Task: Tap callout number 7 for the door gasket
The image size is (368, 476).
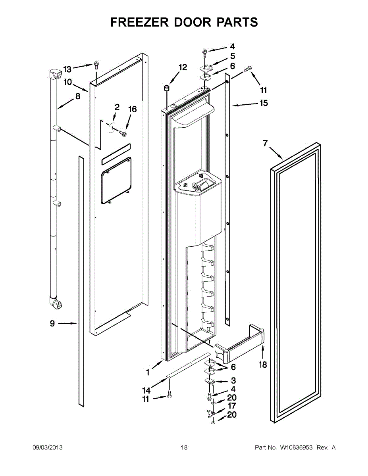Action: point(266,144)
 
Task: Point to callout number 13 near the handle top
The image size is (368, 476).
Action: point(67,69)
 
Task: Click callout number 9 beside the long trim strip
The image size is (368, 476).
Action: point(52,324)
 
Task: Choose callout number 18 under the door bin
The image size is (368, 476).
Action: point(263,365)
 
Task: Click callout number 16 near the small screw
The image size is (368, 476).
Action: point(132,109)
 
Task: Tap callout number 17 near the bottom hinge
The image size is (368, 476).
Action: point(232,406)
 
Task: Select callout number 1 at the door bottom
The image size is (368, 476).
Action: point(148,372)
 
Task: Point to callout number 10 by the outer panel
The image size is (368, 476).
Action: point(68,82)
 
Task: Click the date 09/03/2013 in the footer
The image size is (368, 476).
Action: point(47,447)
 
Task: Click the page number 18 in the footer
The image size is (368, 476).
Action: point(184,447)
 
